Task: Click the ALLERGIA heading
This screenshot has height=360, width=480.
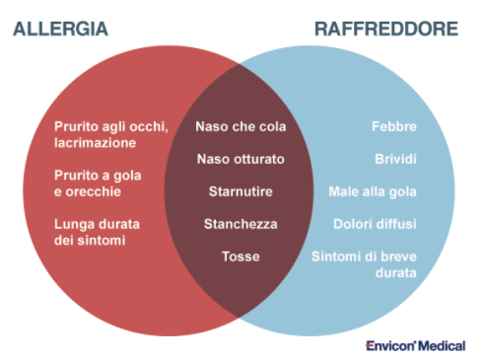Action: pos(60,29)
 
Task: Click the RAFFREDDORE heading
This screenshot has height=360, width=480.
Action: pos(386,29)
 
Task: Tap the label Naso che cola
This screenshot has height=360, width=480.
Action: pos(240,126)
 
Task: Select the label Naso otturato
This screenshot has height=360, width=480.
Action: pos(240,159)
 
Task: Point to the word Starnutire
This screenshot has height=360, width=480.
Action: pos(240,190)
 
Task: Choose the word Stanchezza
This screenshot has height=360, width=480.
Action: pos(240,223)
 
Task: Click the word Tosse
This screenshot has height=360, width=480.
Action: pos(240,255)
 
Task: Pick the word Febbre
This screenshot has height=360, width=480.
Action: pos(394,126)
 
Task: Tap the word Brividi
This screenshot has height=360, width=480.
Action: pos(395,159)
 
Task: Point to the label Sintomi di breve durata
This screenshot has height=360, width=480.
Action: pos(364,263)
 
